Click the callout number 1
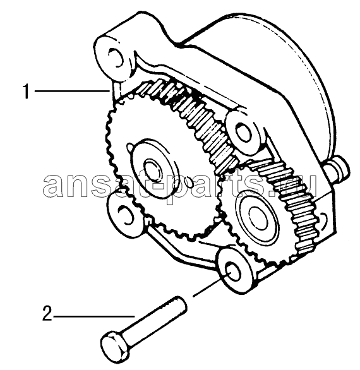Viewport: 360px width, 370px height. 27,92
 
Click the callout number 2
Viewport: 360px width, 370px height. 47,313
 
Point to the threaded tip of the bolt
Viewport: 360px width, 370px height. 179,305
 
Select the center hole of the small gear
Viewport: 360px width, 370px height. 258,218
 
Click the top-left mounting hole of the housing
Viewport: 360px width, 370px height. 116,57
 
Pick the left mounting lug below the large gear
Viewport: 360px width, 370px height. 123,212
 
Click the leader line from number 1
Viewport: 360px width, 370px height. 72,91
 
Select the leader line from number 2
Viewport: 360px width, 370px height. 94,316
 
